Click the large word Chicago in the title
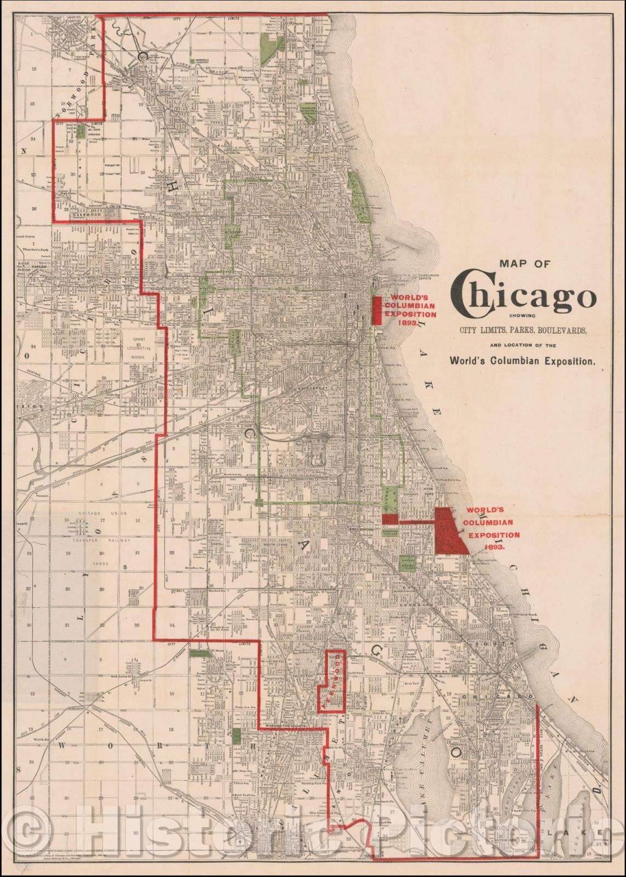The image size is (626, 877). point(523,298)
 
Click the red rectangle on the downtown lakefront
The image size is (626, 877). point(377,310)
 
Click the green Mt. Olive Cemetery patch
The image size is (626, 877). point(82,130)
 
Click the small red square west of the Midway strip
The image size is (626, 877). point(389,519)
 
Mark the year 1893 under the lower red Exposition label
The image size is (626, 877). point(491,547)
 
